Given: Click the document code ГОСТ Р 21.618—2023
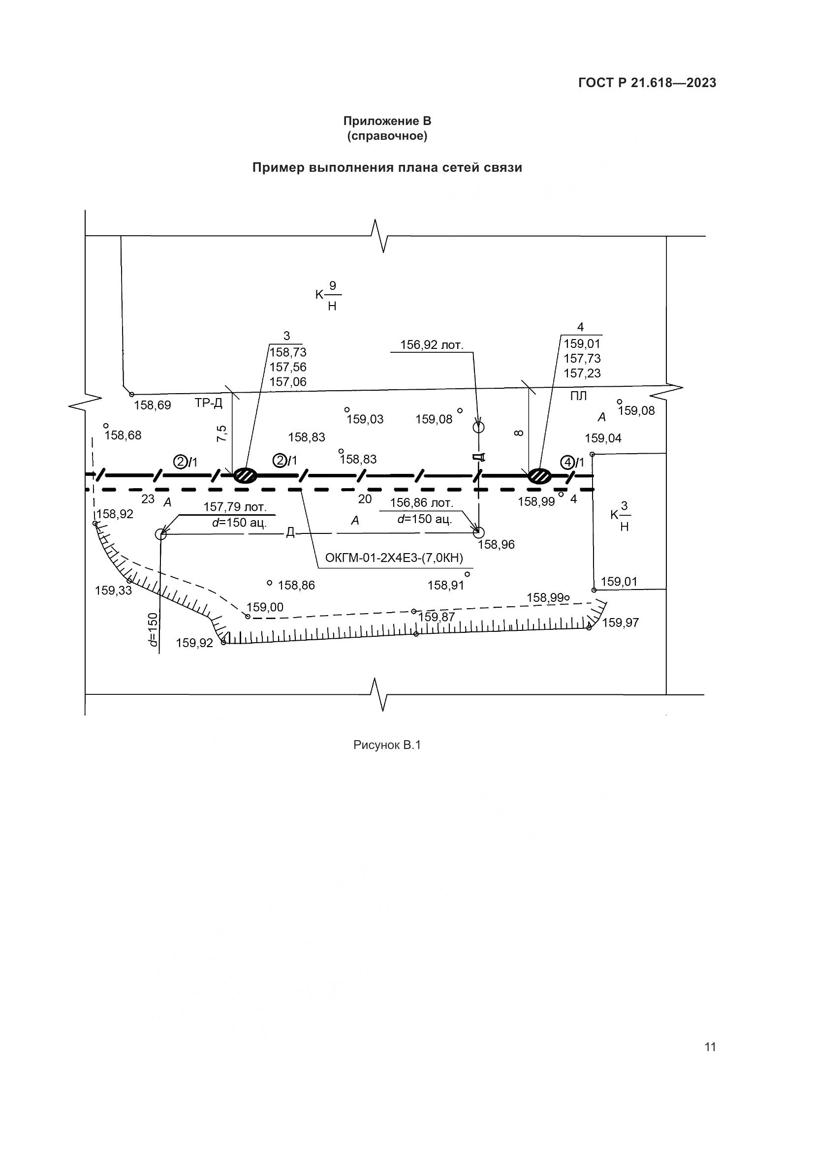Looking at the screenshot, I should click(x=647, y=83).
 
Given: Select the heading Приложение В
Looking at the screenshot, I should click(x=387, y=121).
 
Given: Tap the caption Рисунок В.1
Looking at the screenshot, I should click(x=387, y=746).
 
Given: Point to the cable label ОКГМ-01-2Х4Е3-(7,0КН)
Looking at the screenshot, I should click(x=394, y=558).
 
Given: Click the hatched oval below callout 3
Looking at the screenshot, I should click(x=245, y=475).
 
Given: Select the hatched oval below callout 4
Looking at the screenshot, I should click(x=539, y=475).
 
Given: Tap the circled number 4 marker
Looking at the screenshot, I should click(x=567, y=462).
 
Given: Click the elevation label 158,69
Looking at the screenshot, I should click(x=153, y=405).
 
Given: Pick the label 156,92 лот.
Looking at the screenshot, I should click(x=432, y=345).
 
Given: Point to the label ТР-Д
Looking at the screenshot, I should click(x=209, y=403).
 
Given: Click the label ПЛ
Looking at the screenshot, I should click(x=578, y=396).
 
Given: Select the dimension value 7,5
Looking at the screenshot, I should click(x=221, y=433).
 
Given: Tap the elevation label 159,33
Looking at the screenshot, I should click(x=113, y=591).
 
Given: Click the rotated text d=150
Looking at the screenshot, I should click(x=153, y=629).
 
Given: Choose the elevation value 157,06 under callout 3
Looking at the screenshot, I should click(x=288, y=382).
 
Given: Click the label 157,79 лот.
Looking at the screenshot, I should click(x=235, y=507).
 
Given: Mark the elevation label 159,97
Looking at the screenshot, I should click(x=621, y=622).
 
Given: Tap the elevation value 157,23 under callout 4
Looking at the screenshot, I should click(x=582, y=373).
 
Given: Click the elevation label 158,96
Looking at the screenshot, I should click(x=496, y=544).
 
